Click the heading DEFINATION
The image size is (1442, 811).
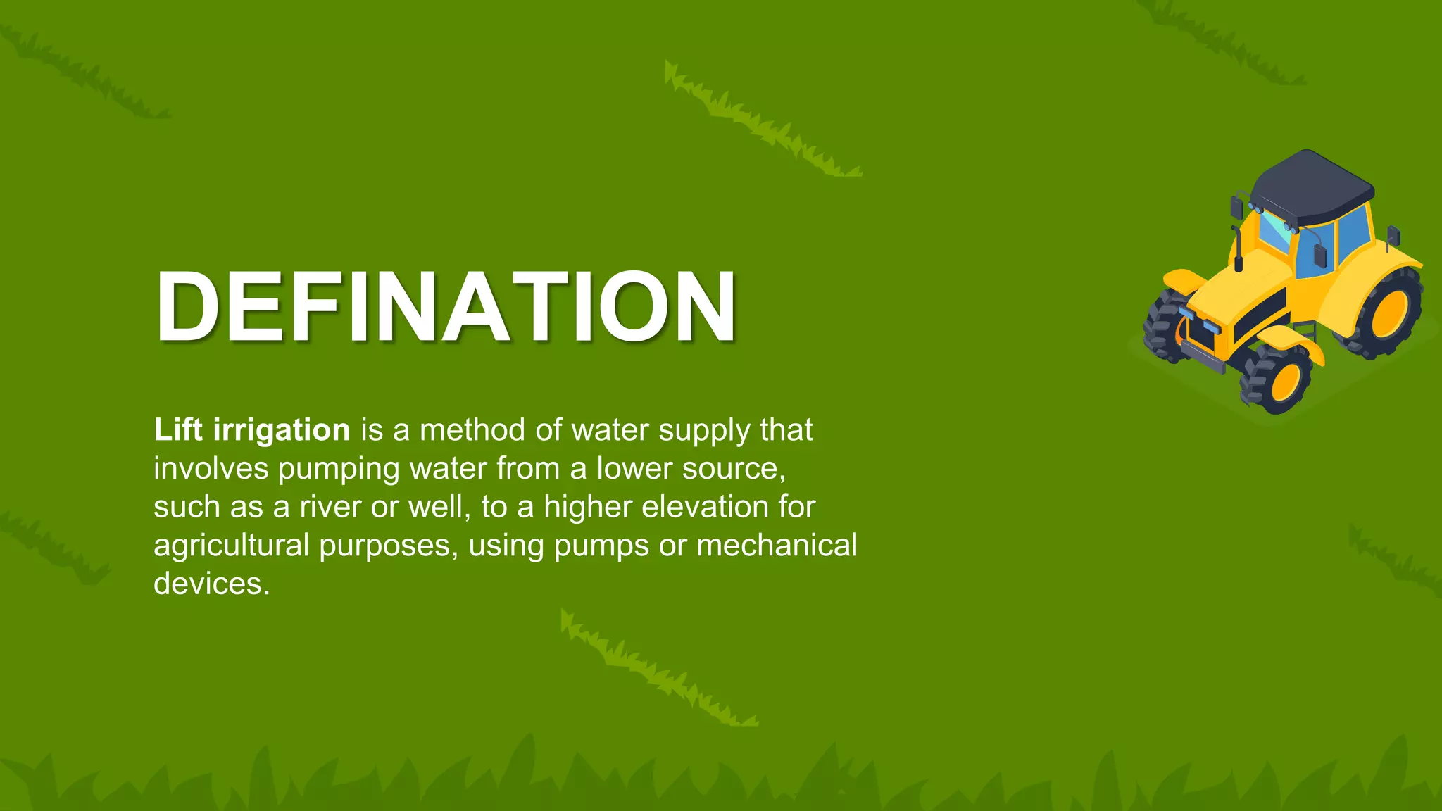pyautogui.click(x=446, y=307)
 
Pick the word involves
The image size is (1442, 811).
pyautogui.click(x=211, y=468)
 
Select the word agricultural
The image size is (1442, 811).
pyautogui.click(x=231, y=546)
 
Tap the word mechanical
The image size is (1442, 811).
pyautogui.click(x=777, y=545)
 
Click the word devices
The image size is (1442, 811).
pyautogui.click(x=211, y=584)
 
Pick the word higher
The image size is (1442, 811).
pyautogui.click(x=588, y=508)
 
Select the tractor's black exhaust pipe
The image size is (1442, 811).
pyautogui.click(x=1237, y=250)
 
